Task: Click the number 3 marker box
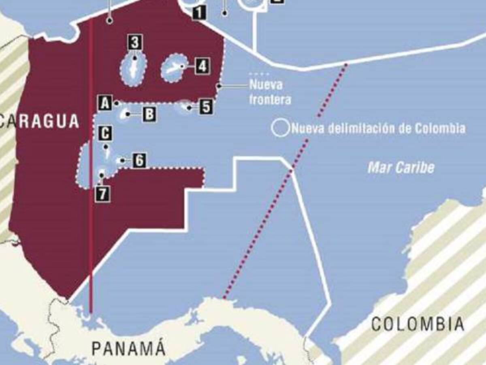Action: tap(135, 42)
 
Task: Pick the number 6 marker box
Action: tap(139, 161)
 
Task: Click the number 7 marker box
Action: tap(102, 193)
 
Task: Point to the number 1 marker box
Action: tap(198, 13)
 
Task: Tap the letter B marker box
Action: tap(149, 114)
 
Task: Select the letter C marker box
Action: tap(105, 133)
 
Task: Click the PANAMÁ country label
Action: tap(128, 348)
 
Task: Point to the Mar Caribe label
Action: tap(401, 167)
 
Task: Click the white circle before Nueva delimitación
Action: tap(280, 128)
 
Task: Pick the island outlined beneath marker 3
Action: tap(133, 68)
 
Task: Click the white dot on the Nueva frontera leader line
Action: tap(219, 86)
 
